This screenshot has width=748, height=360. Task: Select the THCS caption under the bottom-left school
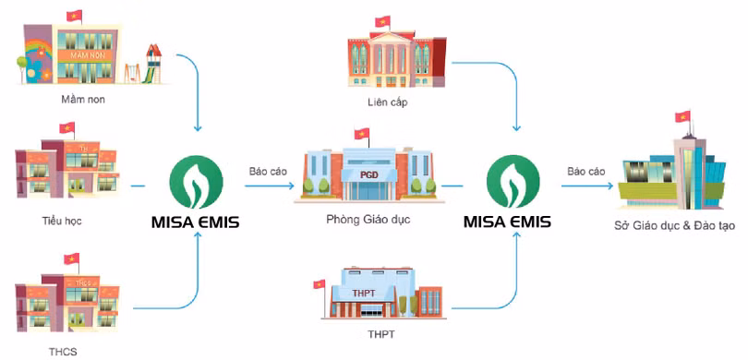(65, 352)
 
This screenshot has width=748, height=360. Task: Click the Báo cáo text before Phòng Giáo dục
(267, 171)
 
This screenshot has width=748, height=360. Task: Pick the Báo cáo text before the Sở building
(585, 171)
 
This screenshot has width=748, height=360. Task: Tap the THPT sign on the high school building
(365, 294)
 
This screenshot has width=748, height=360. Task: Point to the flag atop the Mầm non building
(74, 17)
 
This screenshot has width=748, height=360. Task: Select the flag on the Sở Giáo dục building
(684, 117)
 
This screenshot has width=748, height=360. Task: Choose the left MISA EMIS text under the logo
(197, 222)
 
